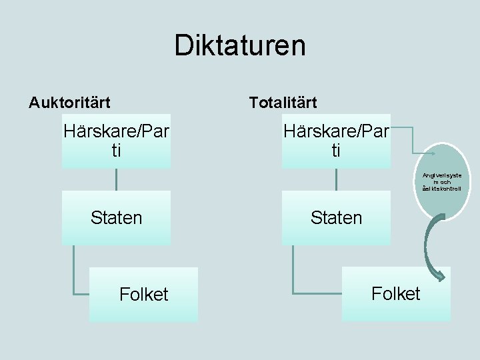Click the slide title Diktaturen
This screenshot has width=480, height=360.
pyautogui.click(x=240, y=45)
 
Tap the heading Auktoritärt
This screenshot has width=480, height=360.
pyautogui.click(x=69, y=103)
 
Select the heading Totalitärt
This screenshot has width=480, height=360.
pyautogui.click(x=283, y=103)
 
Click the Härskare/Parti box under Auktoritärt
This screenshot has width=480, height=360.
pyautogui.click(x=116, y=141)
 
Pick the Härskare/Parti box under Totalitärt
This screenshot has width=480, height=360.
pyautogui.click(x=336, y=141)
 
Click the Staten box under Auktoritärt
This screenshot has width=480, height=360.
pyautogui.click(x=116, y=217)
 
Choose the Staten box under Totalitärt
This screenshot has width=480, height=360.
pyautogui.click(x=336, y=217)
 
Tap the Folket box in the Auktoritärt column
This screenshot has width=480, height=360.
pyautogui.click(x=143, y=295)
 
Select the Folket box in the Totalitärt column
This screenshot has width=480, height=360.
pyautogui.click(x=396, y=294)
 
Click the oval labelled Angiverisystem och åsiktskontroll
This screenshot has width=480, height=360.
pyautogui.click(x=442, y=181)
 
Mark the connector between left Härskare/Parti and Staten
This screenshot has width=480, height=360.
pyautogui.click(x=116, y=179)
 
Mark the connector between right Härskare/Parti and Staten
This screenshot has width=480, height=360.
pyautogui.click(x=336, y=179)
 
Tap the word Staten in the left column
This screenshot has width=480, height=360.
pyautogui.click(x=116, y=218)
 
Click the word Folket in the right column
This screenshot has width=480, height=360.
pyautogui.click(x=396, y=294)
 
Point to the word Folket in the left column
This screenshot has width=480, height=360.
pyautogui.click(x=143, y=295)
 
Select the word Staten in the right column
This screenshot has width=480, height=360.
pyautogui.click(x=336, y=218)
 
